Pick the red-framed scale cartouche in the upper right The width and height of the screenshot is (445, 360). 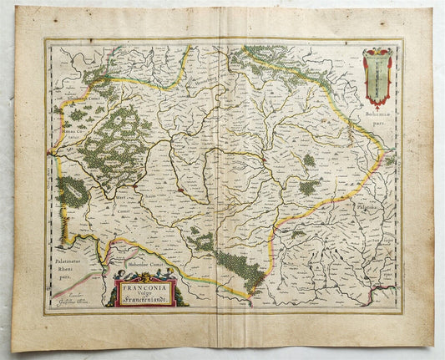coord(378,76)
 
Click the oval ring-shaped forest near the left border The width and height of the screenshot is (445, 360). coord(71,192)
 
